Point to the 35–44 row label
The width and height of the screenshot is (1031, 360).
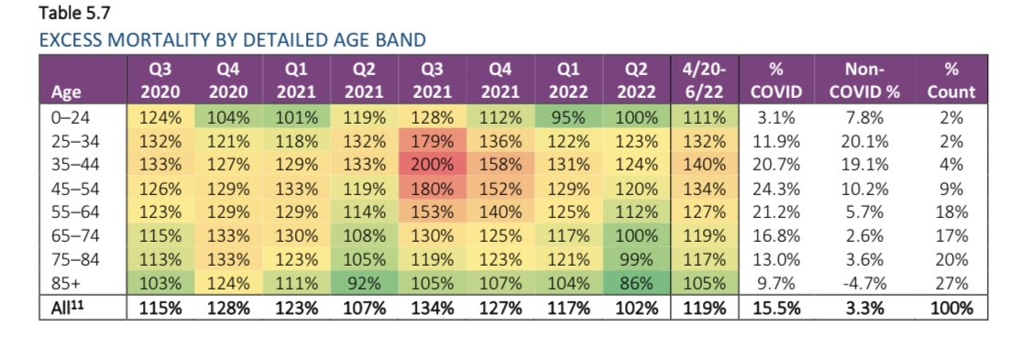point(62,165)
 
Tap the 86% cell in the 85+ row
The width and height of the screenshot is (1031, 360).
point(639,284)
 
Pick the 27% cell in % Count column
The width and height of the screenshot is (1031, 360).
point(949,284)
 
